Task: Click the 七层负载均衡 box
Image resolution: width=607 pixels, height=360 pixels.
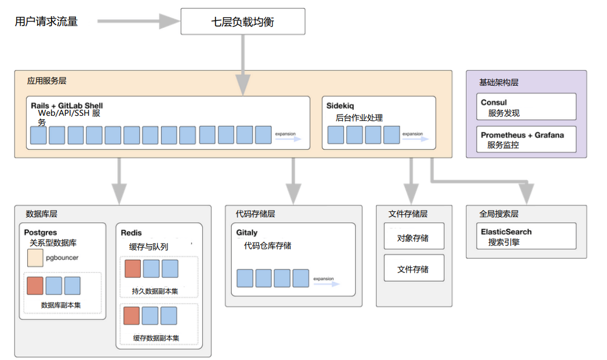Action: pyautogui.click(x=243, y=23)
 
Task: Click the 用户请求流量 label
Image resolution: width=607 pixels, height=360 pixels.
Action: pyautogui.click(x=46, y=22)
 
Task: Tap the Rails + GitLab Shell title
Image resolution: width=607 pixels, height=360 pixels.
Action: pyautogui.click(x=67, y=106)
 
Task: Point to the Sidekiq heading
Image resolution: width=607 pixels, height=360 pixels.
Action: pyautogui.click(x=340, y=106)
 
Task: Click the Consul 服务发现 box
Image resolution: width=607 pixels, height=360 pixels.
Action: pyautogui.click(x=526, y=107)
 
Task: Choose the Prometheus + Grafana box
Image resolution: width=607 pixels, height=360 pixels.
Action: pyautogui.click(x=526, y=139)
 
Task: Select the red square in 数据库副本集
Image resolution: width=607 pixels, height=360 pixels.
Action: pyautogui.click(x=35, y=286)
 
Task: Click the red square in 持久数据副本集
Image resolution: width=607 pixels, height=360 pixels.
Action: pyautogui.click(x=133, y=269)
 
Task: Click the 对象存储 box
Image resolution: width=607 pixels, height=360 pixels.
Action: pyautogui.click(x=414, y=237)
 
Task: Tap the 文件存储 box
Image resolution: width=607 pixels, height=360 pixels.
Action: pyautogui.click(x=414, y=269)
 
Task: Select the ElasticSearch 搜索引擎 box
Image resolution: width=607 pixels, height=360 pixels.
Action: pyautogui.click(x=526, y=236)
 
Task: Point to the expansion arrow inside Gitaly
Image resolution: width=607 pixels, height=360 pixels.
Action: pyautogui.click(x=326, y=283)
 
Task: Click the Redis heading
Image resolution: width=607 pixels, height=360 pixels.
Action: pyautogui.click(x=131, y=233)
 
